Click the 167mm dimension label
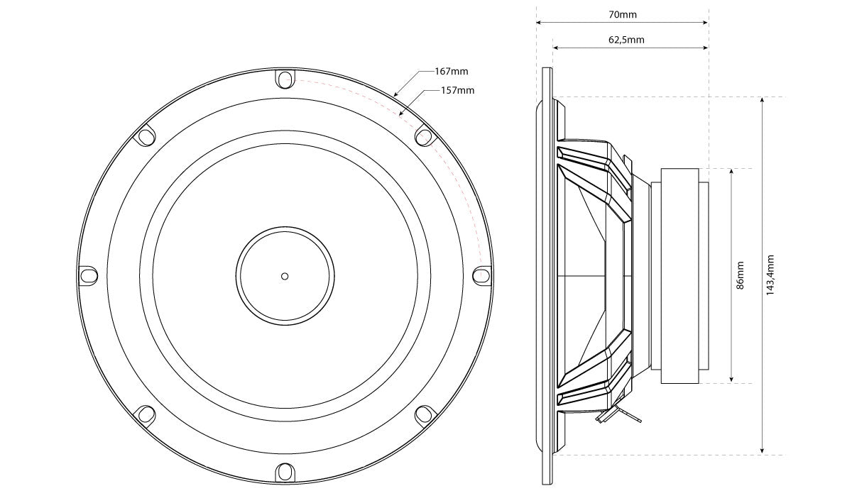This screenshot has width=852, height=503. [x=453, y=72]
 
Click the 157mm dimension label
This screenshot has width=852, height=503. [x=458, y=90]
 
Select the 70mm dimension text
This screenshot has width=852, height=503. [x=623, y=14]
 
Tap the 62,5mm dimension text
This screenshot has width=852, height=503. [x=626, y=40]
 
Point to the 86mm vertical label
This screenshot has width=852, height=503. [x=740, y=275]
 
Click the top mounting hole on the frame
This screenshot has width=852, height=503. [x=284, y=79]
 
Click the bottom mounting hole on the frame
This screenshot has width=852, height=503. [x=284, y=470]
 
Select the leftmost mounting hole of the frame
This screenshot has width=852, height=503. [x=87, y=275]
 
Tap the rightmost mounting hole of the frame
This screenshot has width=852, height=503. [x=481, y=275]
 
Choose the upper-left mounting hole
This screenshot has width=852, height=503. [x=146, y=136]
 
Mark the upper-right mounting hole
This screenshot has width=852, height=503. [x=423, y=135]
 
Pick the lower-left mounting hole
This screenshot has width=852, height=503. [x=146, y=414]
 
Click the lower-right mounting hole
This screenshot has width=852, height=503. [x=423, y=414]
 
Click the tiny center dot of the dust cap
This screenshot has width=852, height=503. [x=284, y=276]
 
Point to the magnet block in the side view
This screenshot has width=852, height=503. [x=679, y=275]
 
